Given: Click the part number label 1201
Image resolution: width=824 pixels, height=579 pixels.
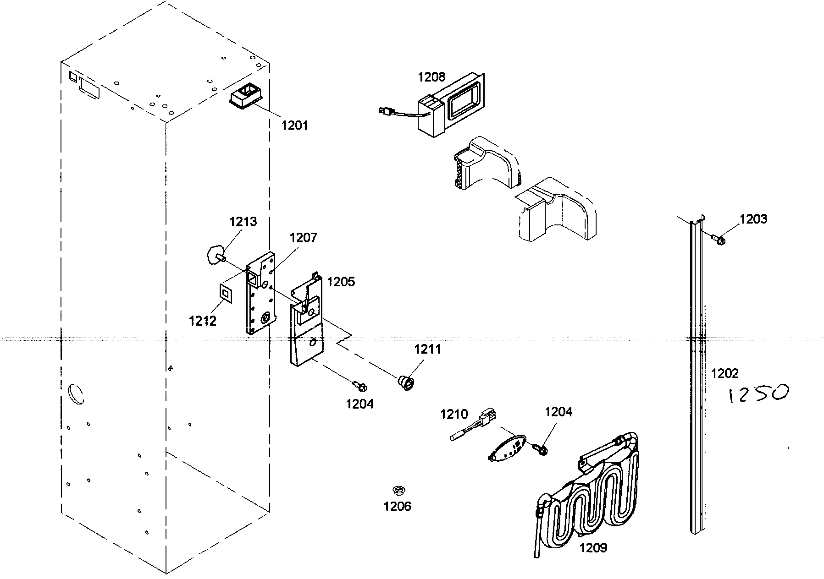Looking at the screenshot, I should pyautogui.click(x=294, y=125).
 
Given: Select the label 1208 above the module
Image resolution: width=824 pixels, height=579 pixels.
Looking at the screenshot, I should pyautogui.click(x=431, y=77).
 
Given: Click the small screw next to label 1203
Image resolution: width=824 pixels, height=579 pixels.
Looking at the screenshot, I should pyautogui.click(x=718, y=239).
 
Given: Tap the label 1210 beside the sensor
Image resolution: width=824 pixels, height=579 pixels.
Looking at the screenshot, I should pyautogui.click(x=454, y=414).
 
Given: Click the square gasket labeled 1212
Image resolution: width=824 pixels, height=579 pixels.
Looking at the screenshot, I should pyautogui.click(x=225, y=292).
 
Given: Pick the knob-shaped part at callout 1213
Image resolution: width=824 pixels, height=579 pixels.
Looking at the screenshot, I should pyautogui.click(x=212, y=255).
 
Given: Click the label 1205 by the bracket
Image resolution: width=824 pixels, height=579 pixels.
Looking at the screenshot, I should pyautogui.click(x=341, y=282).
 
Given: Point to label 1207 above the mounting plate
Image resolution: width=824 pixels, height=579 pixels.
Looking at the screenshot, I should pyautogui.click(x=303, y=237).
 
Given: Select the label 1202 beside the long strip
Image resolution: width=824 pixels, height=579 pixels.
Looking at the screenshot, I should pyautogui.click(x=724, y=373).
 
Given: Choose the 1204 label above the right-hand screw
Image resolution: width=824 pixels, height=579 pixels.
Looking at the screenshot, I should pyautogui.click(x=558, y=412).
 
